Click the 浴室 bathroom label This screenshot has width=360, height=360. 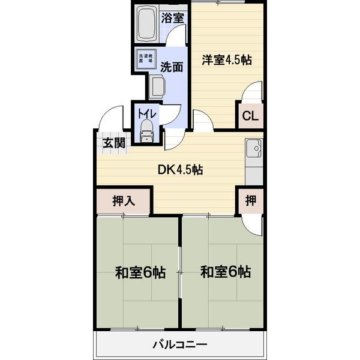coord(173,18)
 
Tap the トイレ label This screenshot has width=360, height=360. coord(147,113)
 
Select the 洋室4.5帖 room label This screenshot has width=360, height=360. coord(226,60)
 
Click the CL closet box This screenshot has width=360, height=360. coord(250,117)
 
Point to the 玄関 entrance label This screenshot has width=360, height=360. coord(113,143)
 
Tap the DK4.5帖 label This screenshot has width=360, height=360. coord(180,170)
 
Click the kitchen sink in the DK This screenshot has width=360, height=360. coord(254,148)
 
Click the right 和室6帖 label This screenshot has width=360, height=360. coord(226,272)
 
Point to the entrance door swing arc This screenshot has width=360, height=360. coord(113,118)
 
